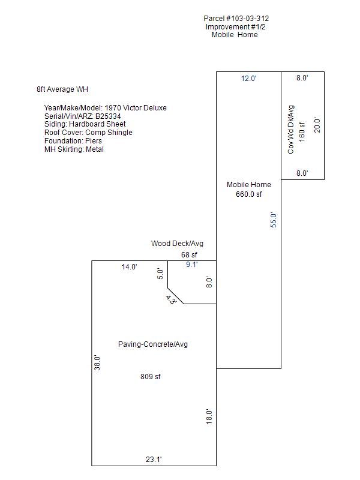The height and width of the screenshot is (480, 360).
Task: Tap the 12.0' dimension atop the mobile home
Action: pyautogui.click(x=249, y=79)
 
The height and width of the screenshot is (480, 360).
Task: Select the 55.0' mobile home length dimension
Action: pyautogui.click(x=274, y=220)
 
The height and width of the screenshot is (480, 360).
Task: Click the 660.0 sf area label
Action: pyautogui.click(x=249, y=194)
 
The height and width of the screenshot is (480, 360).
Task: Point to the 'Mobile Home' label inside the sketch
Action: pyautogui.click(x=249, y=185)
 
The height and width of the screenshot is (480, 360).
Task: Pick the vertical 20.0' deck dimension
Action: pyautogui.click(x=318, y=125)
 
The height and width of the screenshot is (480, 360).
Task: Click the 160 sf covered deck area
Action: pyautogui.click(x=302, y=131)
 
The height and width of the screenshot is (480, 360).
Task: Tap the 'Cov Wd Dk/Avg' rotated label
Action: pyautogui.click(x=291, y=130)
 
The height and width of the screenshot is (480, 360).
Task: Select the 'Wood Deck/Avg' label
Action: pyautogui.click(x=177, y=244)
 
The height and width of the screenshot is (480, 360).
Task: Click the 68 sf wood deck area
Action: pyautogui.click(x=190, y=255)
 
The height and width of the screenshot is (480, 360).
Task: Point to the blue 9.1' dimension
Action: pyautogui.click(x=191, y=264)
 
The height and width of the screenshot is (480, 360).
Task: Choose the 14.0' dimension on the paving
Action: pyautogui.click(x=130, y=267)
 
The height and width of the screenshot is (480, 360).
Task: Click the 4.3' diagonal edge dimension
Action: pyautogui.click(x=171, y=299)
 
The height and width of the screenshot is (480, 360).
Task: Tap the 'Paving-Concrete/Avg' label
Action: pyautogui.click(x=153, y=344)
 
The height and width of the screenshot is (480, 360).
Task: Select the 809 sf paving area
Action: pyautogui.click(x=150, y=377)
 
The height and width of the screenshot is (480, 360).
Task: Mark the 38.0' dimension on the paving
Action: pyautogui.click(x=97, y=362)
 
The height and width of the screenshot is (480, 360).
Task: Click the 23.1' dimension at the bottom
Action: pyautogui.click(x=154, y=460)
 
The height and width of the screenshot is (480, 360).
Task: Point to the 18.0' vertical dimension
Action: pyautogui.click(x=209, y=416)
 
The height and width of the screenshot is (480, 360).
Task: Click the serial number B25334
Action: pyautogui.click(x=112, y=116)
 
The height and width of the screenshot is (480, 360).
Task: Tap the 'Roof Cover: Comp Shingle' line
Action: pyautogui.click(x=88, y=133)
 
